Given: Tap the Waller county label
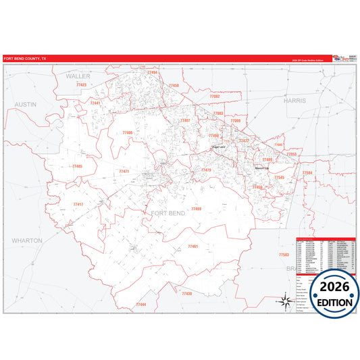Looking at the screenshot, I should pyautogui.click(x=78, y=77).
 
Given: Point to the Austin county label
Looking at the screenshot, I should pyautogui.click(x=25, y=105).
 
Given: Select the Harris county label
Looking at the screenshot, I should pyautogui.click(x=294, y=100).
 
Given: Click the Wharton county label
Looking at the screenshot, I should pyautogui.click(x=26, y=240).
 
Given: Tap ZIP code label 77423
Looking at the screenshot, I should pyautogui.click(x=81, y=85).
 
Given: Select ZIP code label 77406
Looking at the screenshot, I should pyautogui.click(x=128, y=133).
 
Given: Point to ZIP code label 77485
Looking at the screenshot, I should pyautogui.click(x=76, y=166).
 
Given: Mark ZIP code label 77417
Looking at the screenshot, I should pyautogui.click(x=78, y=204).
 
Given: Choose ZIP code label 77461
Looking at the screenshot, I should pyautogui.click(x=193, y=247).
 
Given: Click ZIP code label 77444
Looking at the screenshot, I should pyautogui.click(x=140, y=304).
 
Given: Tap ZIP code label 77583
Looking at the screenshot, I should pyautogui.click(x=284, y=255).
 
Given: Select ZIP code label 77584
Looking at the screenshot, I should pyautogui.click(x=307, y=173).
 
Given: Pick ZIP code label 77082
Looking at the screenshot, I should pyautogui.click(x=215, y=97).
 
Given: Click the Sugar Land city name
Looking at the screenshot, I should pyautogui.click(x=218, y=147).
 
